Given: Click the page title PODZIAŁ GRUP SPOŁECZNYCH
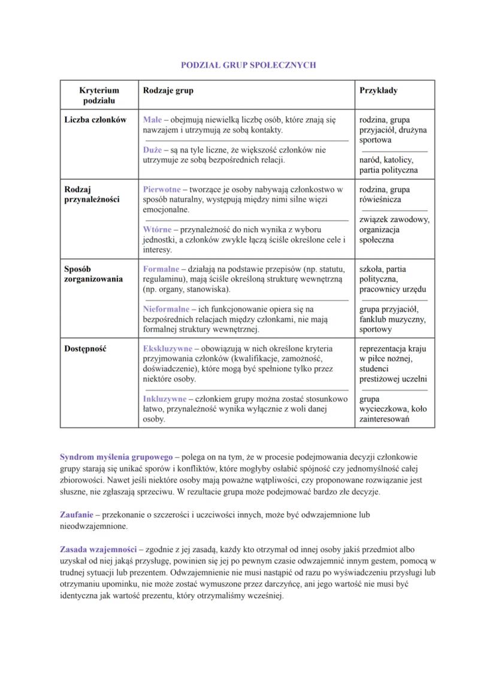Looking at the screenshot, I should coord(248,65).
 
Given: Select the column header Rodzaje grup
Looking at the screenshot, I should coord(168,90).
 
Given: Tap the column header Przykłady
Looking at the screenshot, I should coord(379,90).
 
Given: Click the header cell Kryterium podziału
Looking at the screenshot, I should coord(99,95).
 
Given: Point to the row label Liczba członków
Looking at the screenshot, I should coord(95,120).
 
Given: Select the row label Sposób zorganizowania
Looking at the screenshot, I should coord(93,274).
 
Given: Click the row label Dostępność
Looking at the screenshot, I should coord(86,348).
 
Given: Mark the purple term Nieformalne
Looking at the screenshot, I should coord(166,309).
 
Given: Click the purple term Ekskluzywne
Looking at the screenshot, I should coord(168,348).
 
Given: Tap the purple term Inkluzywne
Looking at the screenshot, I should coord(165,399).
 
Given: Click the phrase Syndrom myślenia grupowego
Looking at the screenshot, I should coord(116,456).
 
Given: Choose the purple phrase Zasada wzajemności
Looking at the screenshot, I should coord(98,549).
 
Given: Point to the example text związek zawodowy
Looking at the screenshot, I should coord(394,220).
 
